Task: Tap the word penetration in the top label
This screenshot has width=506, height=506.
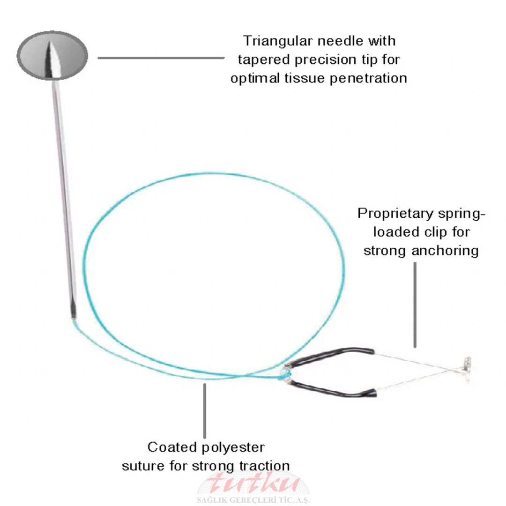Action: pos(368,78)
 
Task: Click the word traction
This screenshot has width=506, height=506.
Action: pos(264,466)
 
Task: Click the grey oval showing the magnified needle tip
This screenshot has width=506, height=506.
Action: pos(52,55)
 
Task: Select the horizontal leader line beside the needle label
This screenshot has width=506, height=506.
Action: pos(161,58)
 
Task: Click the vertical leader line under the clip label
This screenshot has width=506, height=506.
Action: pos(415,305)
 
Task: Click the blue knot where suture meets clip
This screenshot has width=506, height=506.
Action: pos(284,374)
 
